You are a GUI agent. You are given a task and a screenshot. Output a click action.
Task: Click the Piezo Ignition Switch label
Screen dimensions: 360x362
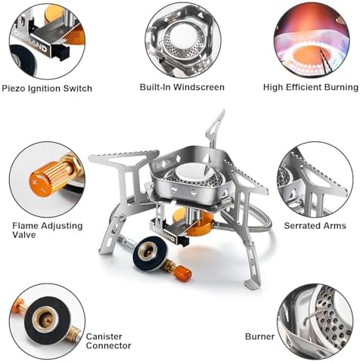(x=47, y=88)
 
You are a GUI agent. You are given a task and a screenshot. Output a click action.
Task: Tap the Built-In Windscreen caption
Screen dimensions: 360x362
(x=182, y=87)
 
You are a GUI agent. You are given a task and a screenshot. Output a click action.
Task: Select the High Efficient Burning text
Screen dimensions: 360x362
(x=311, y=88)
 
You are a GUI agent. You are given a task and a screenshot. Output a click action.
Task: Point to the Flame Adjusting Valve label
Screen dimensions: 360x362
(x=48, y=231)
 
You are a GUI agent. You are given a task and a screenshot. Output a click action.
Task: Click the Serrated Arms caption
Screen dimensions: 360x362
(x=315, y=226)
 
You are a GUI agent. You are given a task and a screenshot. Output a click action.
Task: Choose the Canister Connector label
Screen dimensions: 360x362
(x=108, y=341)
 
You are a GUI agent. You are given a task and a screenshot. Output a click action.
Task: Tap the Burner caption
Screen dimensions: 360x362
(x=259, y=336)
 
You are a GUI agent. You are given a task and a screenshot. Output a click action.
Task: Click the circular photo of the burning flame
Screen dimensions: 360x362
(x=312, y=40)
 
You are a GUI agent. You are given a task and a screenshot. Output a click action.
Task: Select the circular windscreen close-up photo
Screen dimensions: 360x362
(x=183, y=40)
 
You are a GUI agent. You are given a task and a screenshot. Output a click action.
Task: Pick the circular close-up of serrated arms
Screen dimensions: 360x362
(x=315, y=180)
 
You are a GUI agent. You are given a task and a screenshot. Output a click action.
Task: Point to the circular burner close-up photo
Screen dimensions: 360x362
(x=315, y=322)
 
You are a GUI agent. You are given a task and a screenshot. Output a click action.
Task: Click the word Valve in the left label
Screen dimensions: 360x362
(x=24, y=235)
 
